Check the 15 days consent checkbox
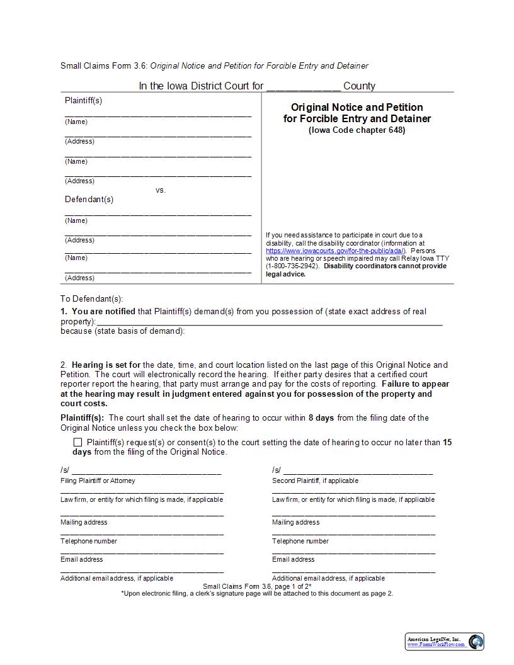click(77, 443)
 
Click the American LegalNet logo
click(444, 642)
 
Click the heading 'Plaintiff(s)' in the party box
click(83, 101)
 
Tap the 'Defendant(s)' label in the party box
click(89, 200)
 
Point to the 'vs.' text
click(161, 190)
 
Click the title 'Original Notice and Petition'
click(357, 107)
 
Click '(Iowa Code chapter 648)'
click(357, 130)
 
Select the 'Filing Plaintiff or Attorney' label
click(98, 480)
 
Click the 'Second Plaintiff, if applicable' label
click(315, 480)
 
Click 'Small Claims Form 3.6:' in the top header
click(104, 66)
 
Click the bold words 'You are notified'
click(103, 312)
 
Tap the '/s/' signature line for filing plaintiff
click(146, 470)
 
